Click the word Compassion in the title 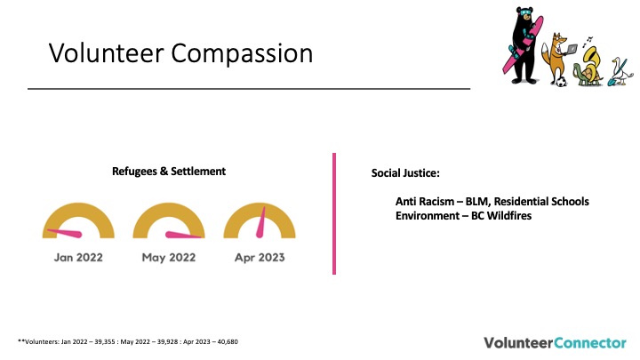coord(242,53)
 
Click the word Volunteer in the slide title coord(106,52)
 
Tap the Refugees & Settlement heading coord(169,171)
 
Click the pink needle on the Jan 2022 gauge coord(65,233)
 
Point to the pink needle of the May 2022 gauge coord(183,235)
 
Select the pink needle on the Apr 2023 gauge coord(260,222)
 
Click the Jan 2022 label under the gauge coord(78,258)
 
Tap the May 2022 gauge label coord(169,258)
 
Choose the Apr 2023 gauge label coord(260,258)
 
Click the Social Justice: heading coord(405,173)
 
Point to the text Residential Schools coord(541,201)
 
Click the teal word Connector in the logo coord(590,342)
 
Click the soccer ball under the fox coord(561,82)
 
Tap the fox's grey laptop coord(571,50)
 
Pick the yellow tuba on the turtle coord(590,60)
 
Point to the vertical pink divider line coord(334,213)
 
